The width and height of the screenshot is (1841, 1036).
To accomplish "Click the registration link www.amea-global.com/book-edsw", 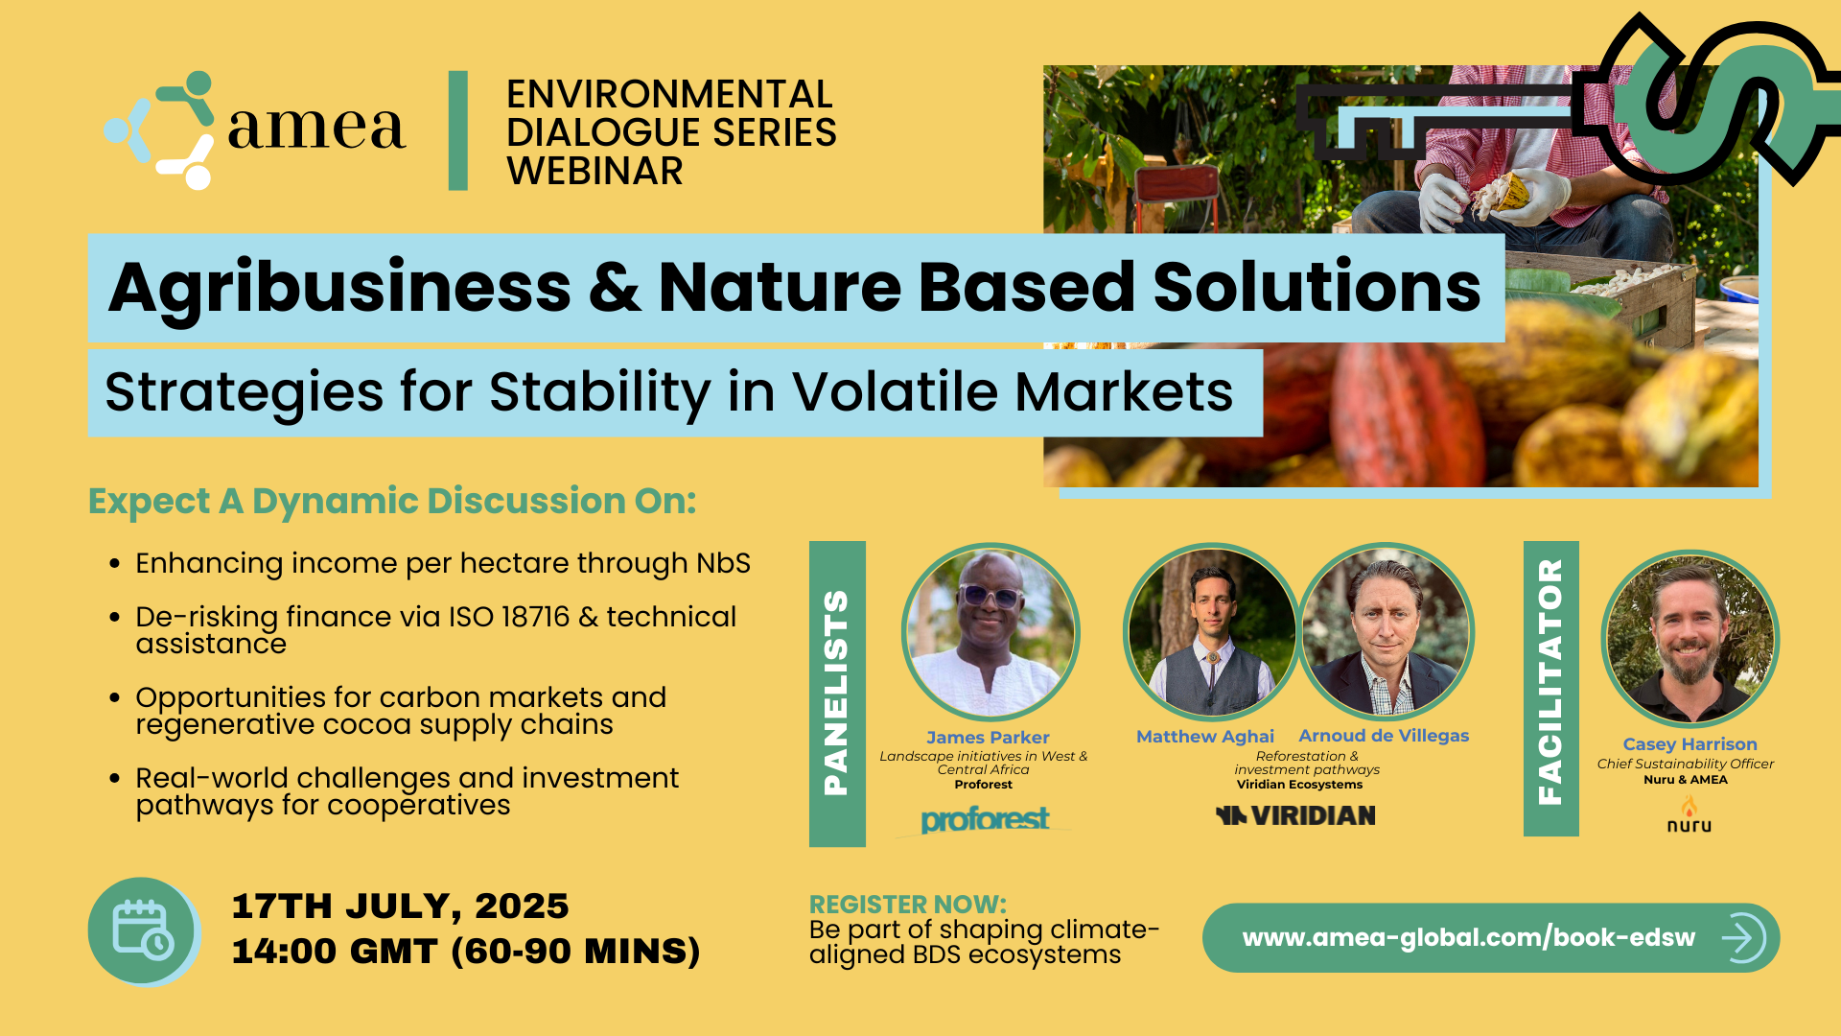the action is pyautogui.click(x=1468, y=937).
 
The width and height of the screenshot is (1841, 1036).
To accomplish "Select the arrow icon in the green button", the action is pyautogui.click(x=1743, y=937).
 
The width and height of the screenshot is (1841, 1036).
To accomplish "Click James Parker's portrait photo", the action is pyautogui.click(x=990, y=632).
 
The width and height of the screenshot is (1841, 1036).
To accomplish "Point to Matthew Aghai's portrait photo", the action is pyautogui.click(x=1212, y=632).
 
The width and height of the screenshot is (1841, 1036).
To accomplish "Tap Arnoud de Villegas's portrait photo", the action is pyautogui.click(x=1386, y=632).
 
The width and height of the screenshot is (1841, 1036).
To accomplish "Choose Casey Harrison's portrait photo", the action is pyautogui.click(x=1690, y=638).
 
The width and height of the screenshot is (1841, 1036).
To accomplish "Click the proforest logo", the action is pyautogui.click(x=985, y=819).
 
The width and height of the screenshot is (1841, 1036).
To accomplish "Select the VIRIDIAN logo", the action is pyautogui.click(x=1295, y=815).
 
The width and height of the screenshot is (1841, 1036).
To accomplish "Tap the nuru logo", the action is pyautogui.click(x=1690, y=816).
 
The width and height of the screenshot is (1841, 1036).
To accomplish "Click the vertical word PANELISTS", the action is pyautogui.click(x=836, y=693).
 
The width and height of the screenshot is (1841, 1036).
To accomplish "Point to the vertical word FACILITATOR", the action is pyautogui.click(x=1550, y=683).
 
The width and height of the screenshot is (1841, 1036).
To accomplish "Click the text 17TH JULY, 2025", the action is pyautogui.click(x=401, y=906).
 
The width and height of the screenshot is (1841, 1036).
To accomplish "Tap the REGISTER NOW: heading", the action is pyautogui.click(x=908, y=905).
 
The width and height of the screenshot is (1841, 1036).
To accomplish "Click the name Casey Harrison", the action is pyautogui.click(x=1690, y=744).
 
